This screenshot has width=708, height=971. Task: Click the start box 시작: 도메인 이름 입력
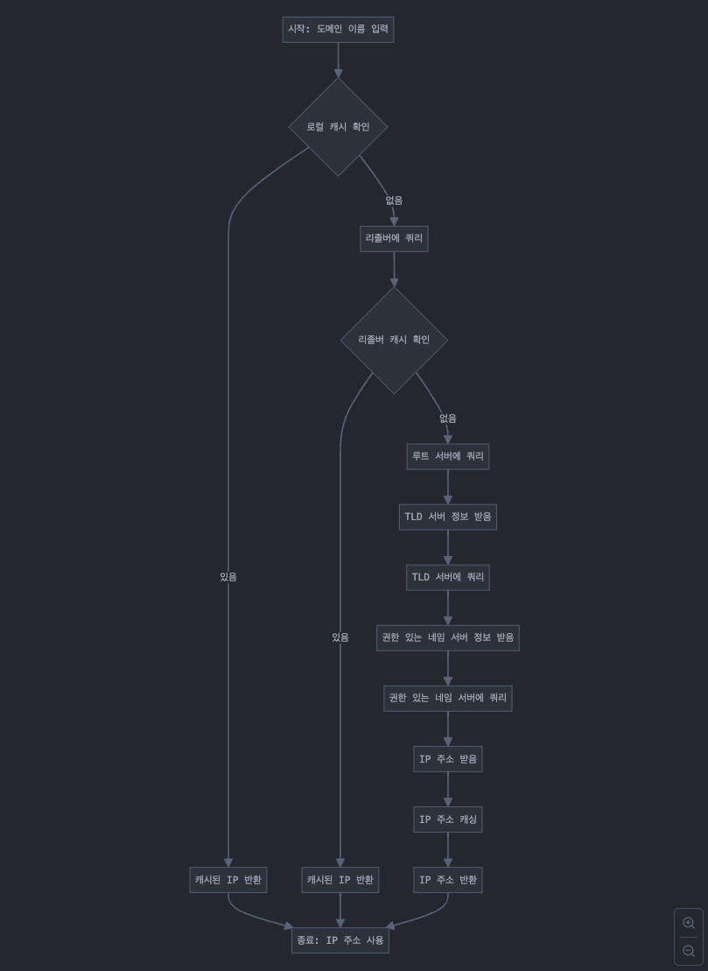point(338,29)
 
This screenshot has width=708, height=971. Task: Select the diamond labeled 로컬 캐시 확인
point(338,127)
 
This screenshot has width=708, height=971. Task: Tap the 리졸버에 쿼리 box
point(394,238)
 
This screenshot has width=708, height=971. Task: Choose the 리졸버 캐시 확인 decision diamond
point(394,340)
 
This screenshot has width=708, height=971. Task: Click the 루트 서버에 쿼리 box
point(447,456)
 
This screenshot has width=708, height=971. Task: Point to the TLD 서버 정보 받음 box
point(447,517)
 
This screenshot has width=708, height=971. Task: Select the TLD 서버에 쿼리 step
point(447,577)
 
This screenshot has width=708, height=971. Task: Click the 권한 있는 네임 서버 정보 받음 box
point(447,637)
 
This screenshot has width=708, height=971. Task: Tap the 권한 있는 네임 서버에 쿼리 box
point(447,698)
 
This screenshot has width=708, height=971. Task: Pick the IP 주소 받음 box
point(447,759)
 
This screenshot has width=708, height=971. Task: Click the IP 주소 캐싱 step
point(447,820)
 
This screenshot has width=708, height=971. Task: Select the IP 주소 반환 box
point(447,880)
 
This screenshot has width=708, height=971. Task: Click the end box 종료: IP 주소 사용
point(340,940)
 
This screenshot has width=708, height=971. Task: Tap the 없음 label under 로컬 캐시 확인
point(394,201)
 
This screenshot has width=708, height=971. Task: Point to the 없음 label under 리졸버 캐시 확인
point(447,419)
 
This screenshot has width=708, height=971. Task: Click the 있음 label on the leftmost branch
point(228,577)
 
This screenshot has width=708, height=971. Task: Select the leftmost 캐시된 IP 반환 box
point(228,880)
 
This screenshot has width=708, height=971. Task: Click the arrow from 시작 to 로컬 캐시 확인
point(338,60)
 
